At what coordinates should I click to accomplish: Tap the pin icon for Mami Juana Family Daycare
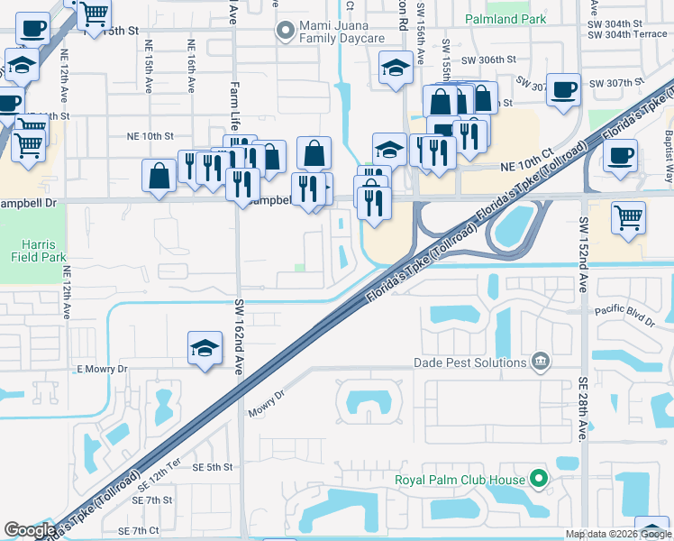(x=286, y=32)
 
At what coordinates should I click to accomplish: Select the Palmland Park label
(x=505, y=19)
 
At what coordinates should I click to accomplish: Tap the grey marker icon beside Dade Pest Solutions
(x=540, y=362)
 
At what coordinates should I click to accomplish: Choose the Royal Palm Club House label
(x=460, y=479)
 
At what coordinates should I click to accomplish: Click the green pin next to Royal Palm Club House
(x=539, y=479)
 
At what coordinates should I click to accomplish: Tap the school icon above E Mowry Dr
(x=205, y=347)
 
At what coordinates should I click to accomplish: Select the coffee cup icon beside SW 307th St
(x=563, y=89)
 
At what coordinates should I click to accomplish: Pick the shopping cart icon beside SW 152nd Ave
(x=628, y=217)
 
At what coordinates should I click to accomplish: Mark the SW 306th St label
(x=487, y=59)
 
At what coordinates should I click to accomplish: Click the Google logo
(x=30, y=530)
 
